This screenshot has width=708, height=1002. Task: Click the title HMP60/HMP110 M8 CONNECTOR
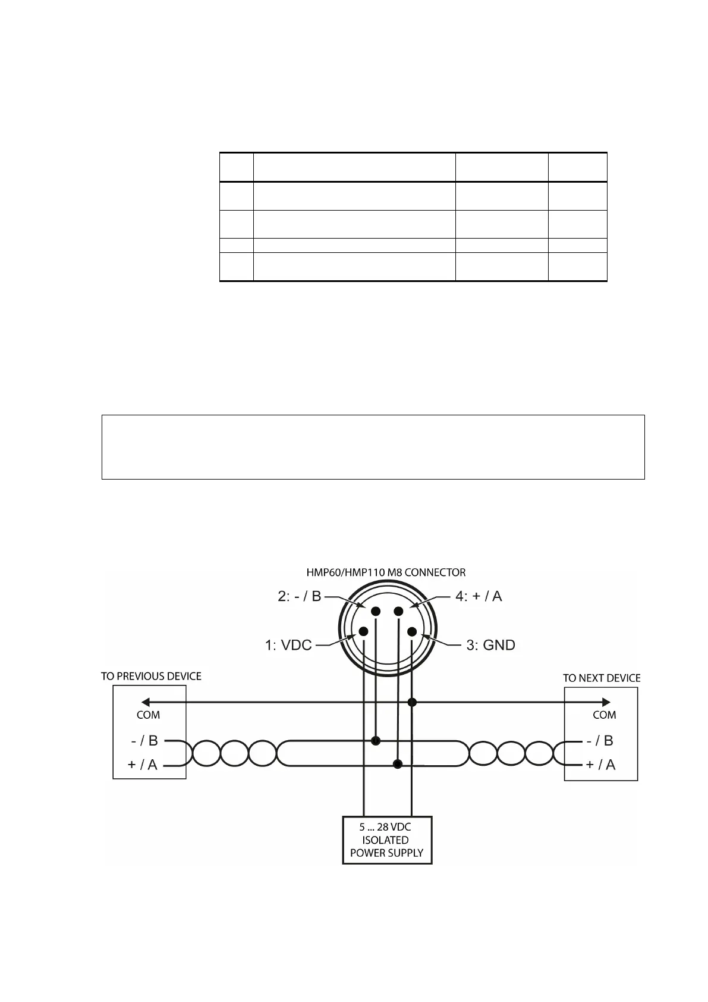pos(386,572)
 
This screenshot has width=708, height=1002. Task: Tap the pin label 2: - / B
pos(300,596)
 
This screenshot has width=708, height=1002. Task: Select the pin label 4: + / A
pos(479,596)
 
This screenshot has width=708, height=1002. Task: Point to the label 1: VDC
pos(288,645)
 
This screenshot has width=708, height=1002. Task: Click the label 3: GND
pos(490,645)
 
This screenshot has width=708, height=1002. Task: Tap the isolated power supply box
pos(387,840)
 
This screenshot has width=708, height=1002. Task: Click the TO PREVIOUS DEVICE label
pos(151,677)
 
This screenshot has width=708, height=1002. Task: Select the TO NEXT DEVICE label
pos(602,678)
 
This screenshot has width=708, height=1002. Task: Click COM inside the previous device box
pos(148,715)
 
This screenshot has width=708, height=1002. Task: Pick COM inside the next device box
pos(604,715)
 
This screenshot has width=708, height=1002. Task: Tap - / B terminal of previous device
pos(144,741)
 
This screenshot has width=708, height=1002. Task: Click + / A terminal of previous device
pos(143,765)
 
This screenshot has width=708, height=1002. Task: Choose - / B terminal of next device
pos(600,741)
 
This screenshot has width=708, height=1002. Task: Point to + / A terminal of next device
pos(600,765)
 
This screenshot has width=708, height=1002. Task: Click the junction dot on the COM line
pos(412,703)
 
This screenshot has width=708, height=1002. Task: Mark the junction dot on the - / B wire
pos(375,741)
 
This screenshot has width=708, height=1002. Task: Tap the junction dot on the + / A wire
pos(398,763)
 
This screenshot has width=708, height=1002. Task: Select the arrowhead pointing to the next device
pos(606,702)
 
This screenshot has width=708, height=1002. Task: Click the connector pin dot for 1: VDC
pos(363,631)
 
